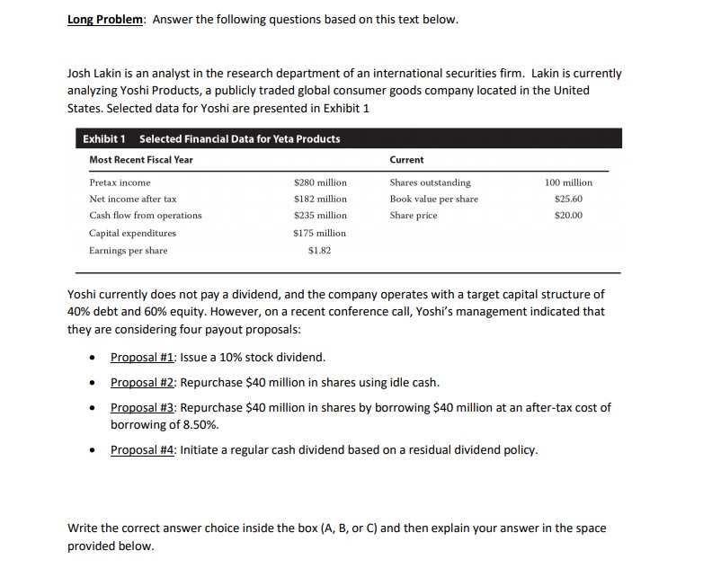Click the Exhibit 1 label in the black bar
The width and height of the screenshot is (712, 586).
click(104, 139)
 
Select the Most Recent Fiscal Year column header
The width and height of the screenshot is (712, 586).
click(140, 160)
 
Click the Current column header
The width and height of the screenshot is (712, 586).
click(406, 160)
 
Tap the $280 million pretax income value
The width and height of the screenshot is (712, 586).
click(320, 182)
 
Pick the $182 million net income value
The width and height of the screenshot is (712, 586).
click(320, 199)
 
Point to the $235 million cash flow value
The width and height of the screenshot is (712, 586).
click(320, 216)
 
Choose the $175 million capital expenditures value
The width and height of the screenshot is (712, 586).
click(320, 233)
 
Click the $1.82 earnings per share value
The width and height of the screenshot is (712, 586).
click(320, 251)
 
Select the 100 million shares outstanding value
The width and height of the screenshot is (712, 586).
click(568, 182)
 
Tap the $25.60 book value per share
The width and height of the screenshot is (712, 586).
click(569, 199)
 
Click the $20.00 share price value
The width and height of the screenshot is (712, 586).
click(569, 216)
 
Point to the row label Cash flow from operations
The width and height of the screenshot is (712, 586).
click(146, 216)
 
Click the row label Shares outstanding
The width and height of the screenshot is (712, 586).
click(430, 182)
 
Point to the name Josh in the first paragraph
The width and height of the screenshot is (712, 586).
click(82, 74)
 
